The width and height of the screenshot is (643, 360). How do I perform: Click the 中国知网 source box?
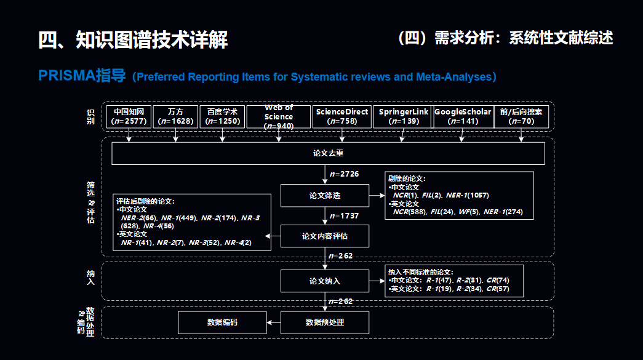pos(129,117)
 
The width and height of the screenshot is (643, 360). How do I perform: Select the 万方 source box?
pos(175,117)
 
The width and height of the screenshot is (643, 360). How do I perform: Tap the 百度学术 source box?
pos(222,117)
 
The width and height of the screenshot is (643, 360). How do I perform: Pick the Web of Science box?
pos(279,117)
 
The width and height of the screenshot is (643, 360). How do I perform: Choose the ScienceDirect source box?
pos(342,117)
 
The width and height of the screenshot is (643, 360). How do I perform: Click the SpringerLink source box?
pos(402,117)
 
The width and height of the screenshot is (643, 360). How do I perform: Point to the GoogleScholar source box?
pos(463,117)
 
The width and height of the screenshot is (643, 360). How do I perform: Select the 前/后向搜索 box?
pos(521,117)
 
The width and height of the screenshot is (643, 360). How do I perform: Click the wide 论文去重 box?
pos(328,154)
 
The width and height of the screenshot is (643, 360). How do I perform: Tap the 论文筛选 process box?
pos(325,196)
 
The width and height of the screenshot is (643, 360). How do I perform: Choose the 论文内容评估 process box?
pos(325,236)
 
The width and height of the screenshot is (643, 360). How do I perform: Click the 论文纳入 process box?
pos(325,281)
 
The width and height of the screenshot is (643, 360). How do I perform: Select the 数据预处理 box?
pos(325,322)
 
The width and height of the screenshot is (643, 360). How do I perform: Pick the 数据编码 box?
pos(222,322)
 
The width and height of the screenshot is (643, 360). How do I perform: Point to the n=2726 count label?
pos(344,174)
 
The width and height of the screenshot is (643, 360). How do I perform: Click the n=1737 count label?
pos(344,215)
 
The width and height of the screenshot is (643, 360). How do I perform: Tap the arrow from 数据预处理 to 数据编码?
pos(273,322)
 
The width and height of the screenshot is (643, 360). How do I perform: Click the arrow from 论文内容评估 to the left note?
pos(273,236)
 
